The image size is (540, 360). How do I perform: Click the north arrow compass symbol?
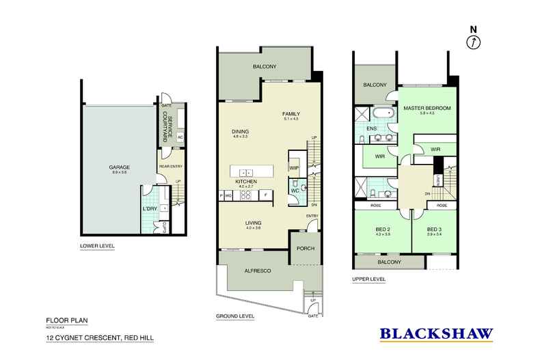coord(472,41)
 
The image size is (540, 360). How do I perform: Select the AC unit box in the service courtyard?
coord(179,137)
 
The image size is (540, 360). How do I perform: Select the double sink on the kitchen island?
coord(248,171)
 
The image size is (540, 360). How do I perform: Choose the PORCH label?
coord(306,248)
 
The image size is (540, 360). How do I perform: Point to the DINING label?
coord(240,132)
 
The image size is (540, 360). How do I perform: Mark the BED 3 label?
coord(435,230)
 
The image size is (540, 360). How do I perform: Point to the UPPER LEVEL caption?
coord(369,279)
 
